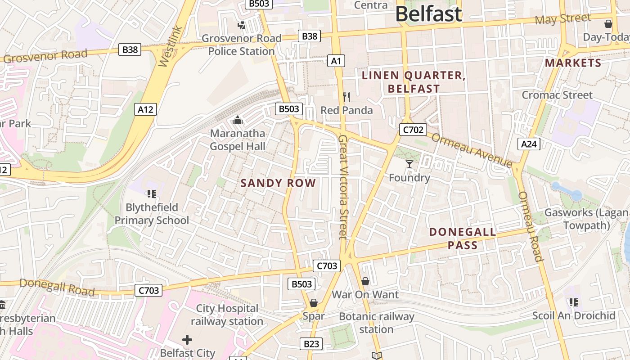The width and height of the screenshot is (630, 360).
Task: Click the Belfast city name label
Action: (x=428, y=14)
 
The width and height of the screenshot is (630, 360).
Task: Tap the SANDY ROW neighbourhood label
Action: (x=278, y=183)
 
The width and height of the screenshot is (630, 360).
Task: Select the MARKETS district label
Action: (x=573, y=63)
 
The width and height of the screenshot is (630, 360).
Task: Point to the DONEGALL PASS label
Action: (x=463, y=238)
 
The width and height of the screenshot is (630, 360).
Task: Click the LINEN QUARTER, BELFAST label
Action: (x=414, y=82)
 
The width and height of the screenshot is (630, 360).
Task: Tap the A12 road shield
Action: (x=145, y=109)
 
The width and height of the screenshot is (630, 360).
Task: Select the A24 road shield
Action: (x=529, y=144)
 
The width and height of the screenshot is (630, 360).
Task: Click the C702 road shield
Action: (x=413, y=130)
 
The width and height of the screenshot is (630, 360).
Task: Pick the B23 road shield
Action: (x=311, y=344)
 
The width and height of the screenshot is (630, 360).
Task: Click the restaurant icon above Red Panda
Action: (x=346, y=97)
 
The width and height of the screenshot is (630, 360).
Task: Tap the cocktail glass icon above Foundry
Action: (x=409, y=164)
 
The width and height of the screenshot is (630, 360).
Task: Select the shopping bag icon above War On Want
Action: (x=365, y=281)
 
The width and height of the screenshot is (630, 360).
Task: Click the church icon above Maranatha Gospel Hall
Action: (x=237, y=120)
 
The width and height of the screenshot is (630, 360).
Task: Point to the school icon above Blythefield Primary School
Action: (x=151, y=194)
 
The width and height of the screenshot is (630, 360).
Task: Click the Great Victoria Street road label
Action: (x=343, y=187)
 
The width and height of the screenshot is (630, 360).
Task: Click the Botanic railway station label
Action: (x=376, y=323)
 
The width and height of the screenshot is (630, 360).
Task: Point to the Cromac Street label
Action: (x=557, y=95)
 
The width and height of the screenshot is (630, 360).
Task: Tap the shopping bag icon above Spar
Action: (x=314, y=303)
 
